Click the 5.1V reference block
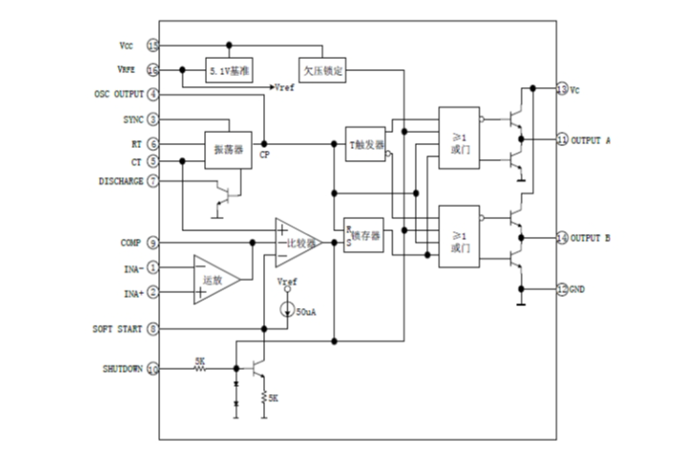(x=229, y=70)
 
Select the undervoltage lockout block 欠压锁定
(x=323, y=70)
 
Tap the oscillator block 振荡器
(x=229, y=150)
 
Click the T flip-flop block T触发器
(x=365, y=144)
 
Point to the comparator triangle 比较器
(x=298, y=243)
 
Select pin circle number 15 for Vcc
(x=153, y=45)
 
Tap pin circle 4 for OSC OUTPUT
(x=153, y=95)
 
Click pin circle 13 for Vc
(x=561, y=90)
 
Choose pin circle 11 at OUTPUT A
(x=561, y=140)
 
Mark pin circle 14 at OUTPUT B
(x=561, y=238)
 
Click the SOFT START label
(x=117, y=330)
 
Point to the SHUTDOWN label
(x=124, y=369)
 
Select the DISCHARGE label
(x=121, y=181)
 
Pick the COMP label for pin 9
(x=131, y=243)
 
